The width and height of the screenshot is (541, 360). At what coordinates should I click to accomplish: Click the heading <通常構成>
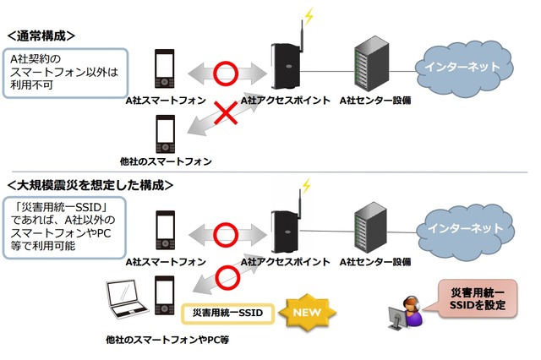[x=41, y=35]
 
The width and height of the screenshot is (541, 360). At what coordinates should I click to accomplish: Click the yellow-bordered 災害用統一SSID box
[x=224, y=313]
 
